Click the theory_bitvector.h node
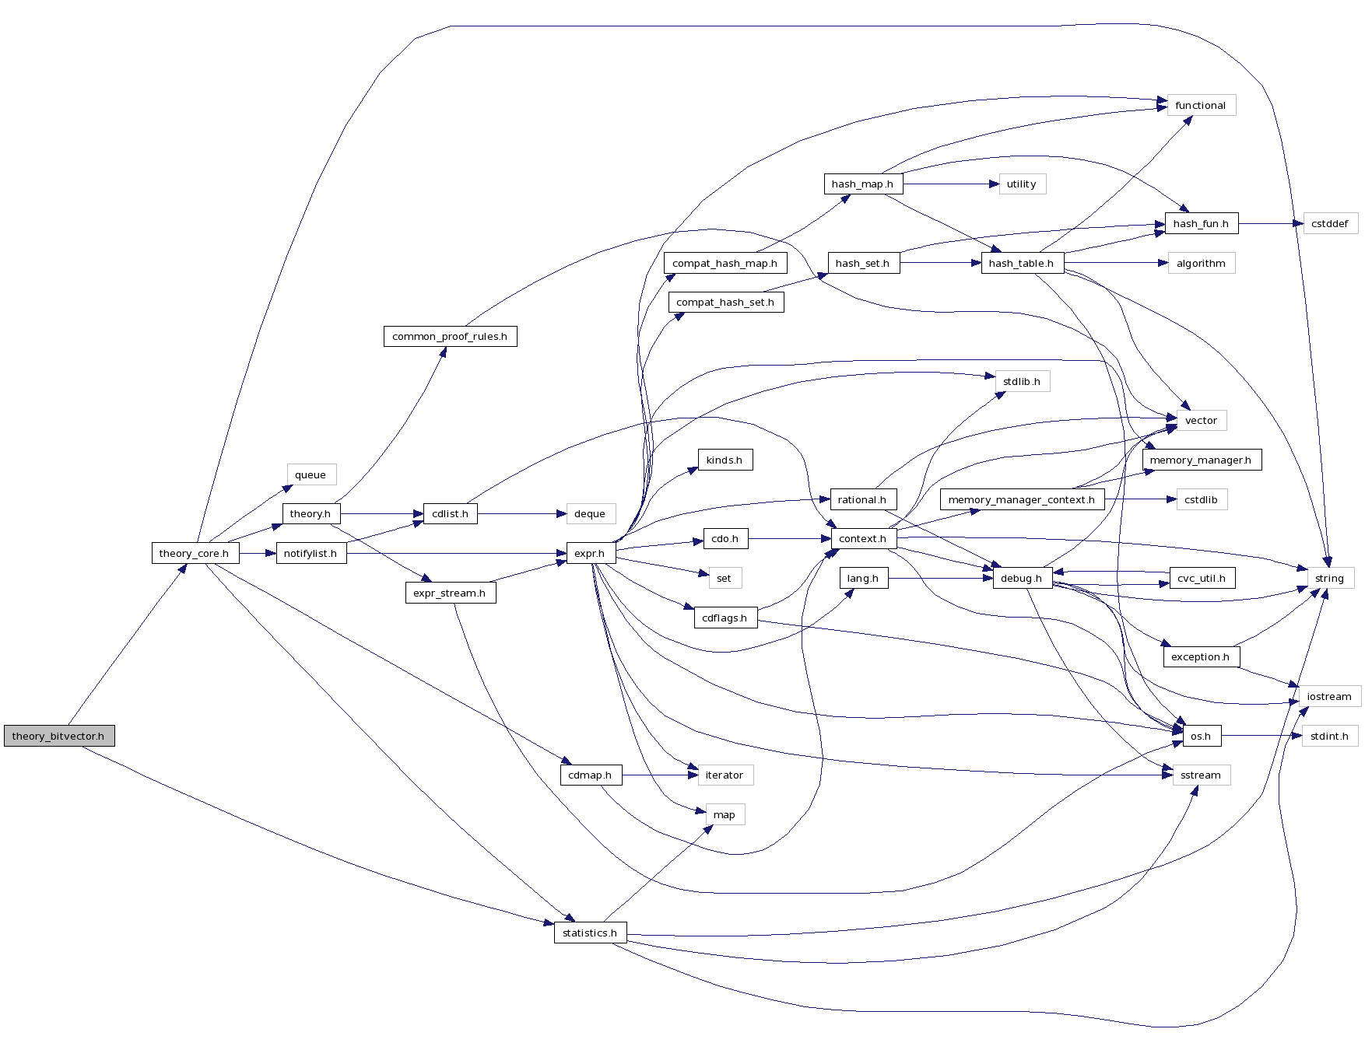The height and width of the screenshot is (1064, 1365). click(59, 736)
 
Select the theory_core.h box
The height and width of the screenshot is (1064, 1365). click(195, 553)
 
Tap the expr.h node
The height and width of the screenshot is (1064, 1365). click(590, 553)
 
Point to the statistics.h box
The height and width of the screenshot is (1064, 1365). click(590, 933)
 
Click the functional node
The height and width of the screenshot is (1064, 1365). click(1201, 105)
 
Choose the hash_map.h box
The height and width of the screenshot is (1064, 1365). click(862, 184)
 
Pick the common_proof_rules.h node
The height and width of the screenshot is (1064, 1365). click(450, 336)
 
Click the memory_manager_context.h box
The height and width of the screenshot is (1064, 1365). click(1021, 499)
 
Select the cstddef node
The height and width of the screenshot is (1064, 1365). click(1329, 223)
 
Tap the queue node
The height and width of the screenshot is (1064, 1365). click(311, 474)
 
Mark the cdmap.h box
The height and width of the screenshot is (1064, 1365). click(590, 775)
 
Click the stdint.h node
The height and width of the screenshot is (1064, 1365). click(1329, 736)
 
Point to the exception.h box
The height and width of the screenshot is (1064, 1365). click(1200, 656)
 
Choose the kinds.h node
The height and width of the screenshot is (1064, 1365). click(725, 460)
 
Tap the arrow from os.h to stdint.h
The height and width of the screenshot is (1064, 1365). click(1261, 736)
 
